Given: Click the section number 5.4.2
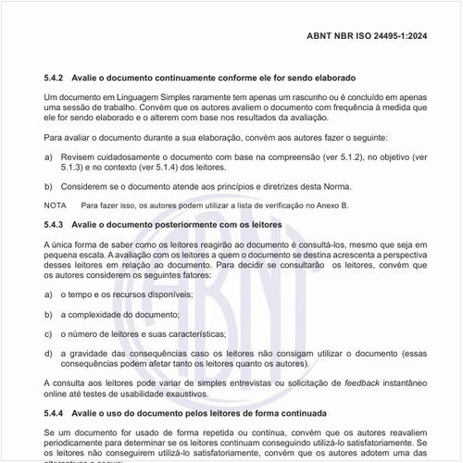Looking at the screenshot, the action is [56, 77].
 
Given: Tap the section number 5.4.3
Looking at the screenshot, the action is [56, 225].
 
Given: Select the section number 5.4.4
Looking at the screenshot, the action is [56, 412].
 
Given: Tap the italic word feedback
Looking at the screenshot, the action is [338, 383].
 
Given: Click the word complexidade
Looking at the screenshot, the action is [100, 313].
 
